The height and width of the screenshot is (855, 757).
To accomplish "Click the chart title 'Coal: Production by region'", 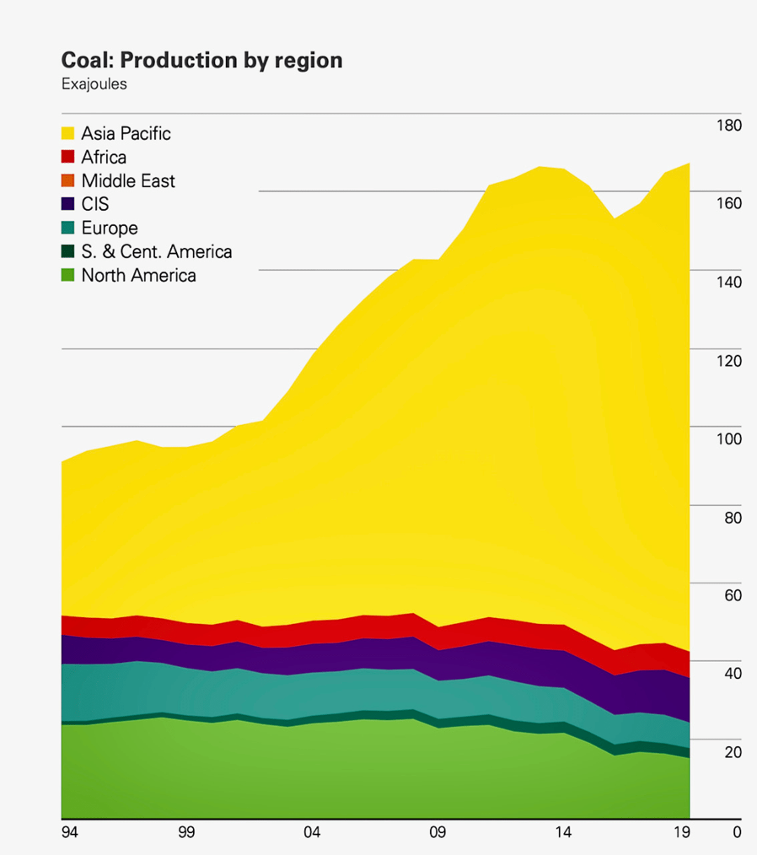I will click(201, 61).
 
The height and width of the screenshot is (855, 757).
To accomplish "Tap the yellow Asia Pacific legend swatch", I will click(69, 133).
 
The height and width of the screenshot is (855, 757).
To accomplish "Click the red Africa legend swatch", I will click(69, 157).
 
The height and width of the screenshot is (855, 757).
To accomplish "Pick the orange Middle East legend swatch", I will click(69, 180).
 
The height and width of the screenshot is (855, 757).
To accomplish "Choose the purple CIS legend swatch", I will click(69, 204).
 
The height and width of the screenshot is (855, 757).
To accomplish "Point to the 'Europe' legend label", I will click(110, 228).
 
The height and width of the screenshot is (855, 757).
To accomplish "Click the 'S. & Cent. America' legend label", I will click(157, 251).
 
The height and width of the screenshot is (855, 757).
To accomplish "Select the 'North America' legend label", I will click(138, 275).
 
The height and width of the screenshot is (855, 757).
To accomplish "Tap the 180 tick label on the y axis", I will click(729, 126).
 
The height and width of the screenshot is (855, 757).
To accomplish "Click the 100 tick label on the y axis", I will click(729, 438).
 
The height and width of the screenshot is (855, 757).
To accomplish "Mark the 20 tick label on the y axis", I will click(733, 752).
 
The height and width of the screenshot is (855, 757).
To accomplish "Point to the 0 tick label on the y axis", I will click(737, 832).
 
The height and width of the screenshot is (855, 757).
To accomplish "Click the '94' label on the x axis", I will click(69, 832).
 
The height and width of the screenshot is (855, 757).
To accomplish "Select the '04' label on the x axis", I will click(312, 832).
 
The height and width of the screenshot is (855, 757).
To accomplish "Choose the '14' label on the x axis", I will click(562, 832).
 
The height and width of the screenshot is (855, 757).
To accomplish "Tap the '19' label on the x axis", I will click(685, 832).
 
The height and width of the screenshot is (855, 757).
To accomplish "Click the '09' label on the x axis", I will click(437, 832).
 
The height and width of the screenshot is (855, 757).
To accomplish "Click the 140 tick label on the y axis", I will click(729, 282).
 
